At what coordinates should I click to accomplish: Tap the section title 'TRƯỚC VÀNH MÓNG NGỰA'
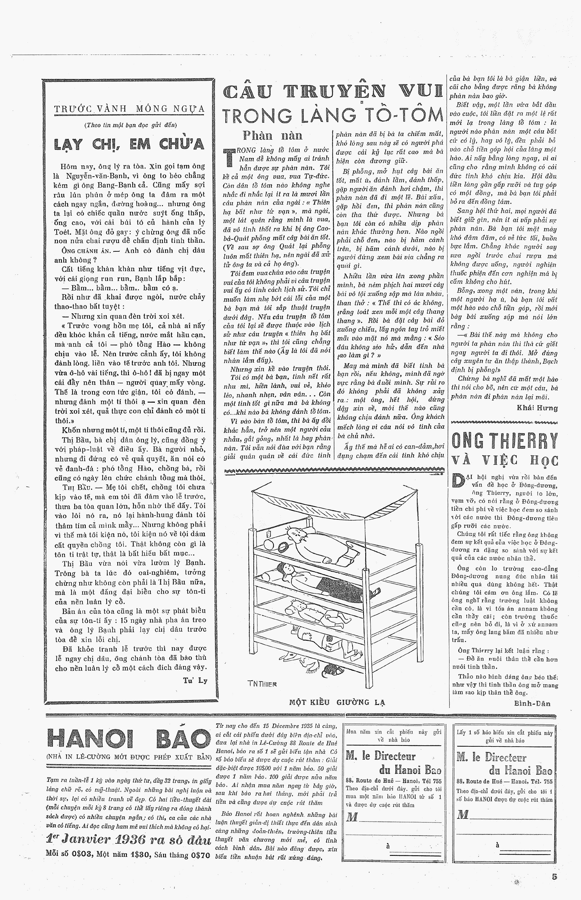point(129,109)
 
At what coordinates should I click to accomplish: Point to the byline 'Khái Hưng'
point(537,408)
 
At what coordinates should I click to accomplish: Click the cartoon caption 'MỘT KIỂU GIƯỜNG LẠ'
point(337,702)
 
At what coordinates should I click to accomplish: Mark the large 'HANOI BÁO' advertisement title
point(128,739)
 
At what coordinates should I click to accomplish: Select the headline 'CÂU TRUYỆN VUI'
point(332,92)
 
